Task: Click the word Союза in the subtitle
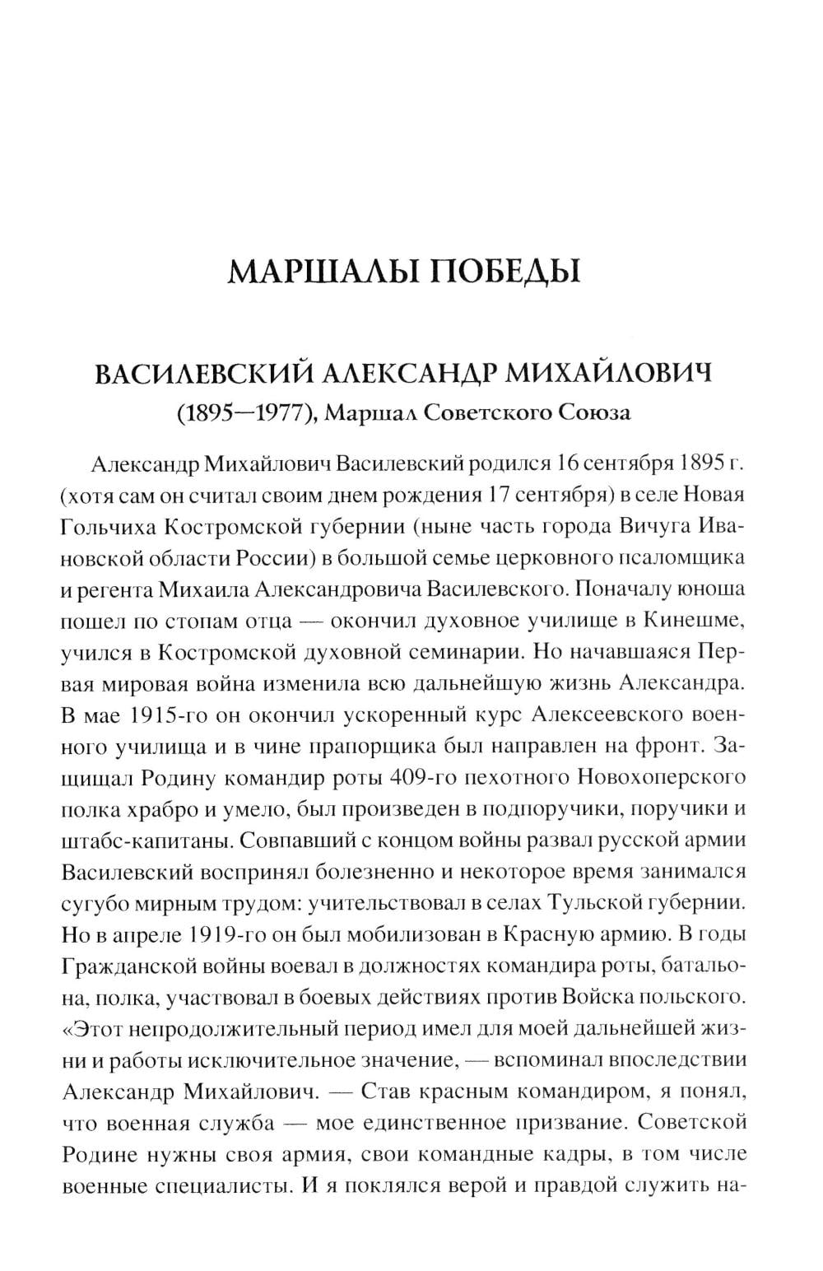point(595,412)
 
